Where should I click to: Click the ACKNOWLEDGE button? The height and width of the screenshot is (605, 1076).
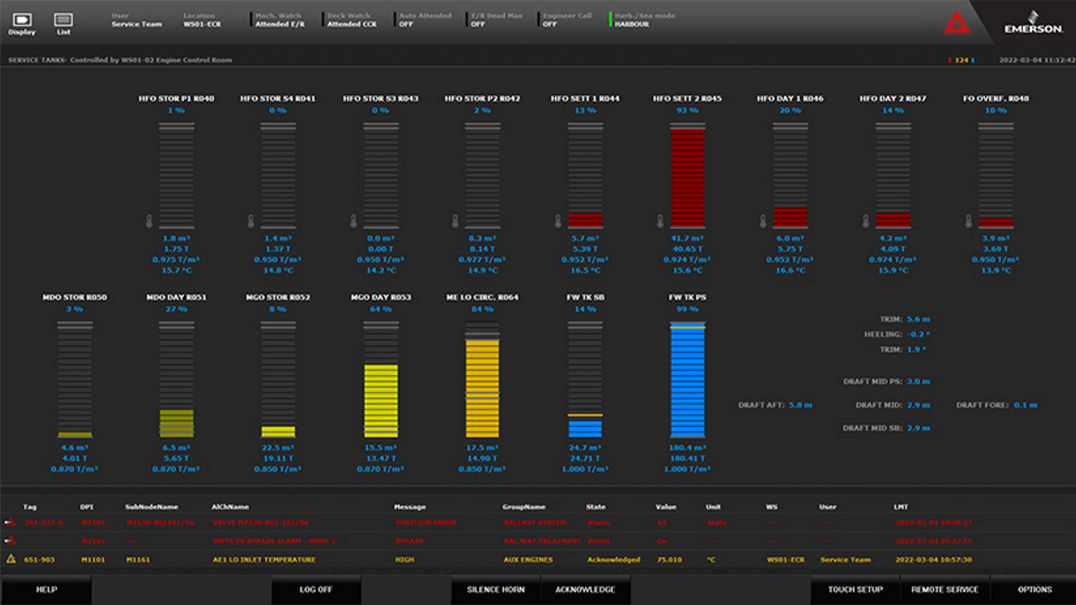click(585, 589)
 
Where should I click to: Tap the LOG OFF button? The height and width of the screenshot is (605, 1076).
click(316, 589)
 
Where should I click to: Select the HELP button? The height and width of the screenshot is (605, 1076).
click(47, 589)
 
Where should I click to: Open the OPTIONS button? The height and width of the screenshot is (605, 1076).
click(1035, 589)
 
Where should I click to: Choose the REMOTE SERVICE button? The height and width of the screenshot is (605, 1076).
click(944, 589)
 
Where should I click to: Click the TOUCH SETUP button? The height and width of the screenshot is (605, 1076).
click(855, 589)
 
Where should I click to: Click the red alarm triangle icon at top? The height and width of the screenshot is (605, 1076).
click(957, 24)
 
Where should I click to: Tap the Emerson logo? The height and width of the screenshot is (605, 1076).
click(1033, 24)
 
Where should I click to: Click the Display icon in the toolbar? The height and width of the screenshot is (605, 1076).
click(22, 23)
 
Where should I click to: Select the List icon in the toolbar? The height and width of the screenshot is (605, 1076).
click(63, 23)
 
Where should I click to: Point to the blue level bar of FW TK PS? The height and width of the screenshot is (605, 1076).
click(688, 381)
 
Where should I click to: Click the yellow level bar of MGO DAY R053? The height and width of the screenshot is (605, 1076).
click(381, 401)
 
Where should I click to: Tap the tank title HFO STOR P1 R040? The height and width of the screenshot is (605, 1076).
click(177, 99)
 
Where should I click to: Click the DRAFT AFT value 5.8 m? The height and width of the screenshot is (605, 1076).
click(800, 405)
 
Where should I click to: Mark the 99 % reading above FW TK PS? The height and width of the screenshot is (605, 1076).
click(687, 309)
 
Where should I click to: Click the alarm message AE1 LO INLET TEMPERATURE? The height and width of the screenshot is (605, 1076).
click(264, 560)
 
